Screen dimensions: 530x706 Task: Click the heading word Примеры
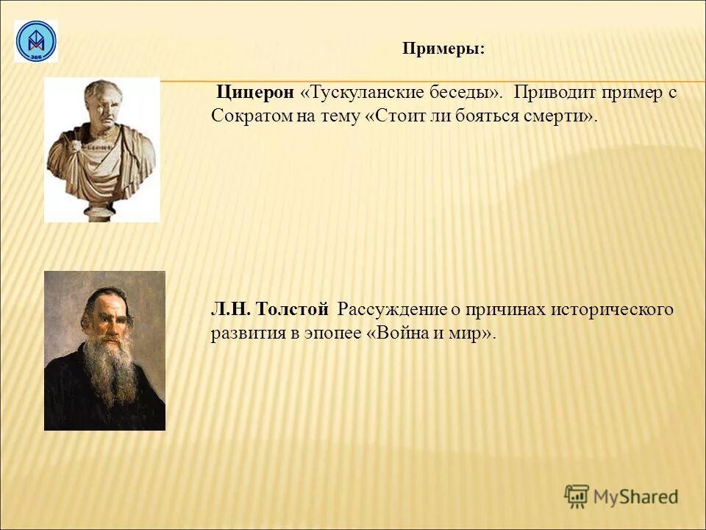tap(443, 49)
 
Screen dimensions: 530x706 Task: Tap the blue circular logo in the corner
tap(35, 41)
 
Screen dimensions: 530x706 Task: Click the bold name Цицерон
tap(255, 93)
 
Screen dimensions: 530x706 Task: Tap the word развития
tap(244, 333)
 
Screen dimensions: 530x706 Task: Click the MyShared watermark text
tap(635, 497)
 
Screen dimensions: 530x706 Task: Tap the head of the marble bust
tap(102, 103)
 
